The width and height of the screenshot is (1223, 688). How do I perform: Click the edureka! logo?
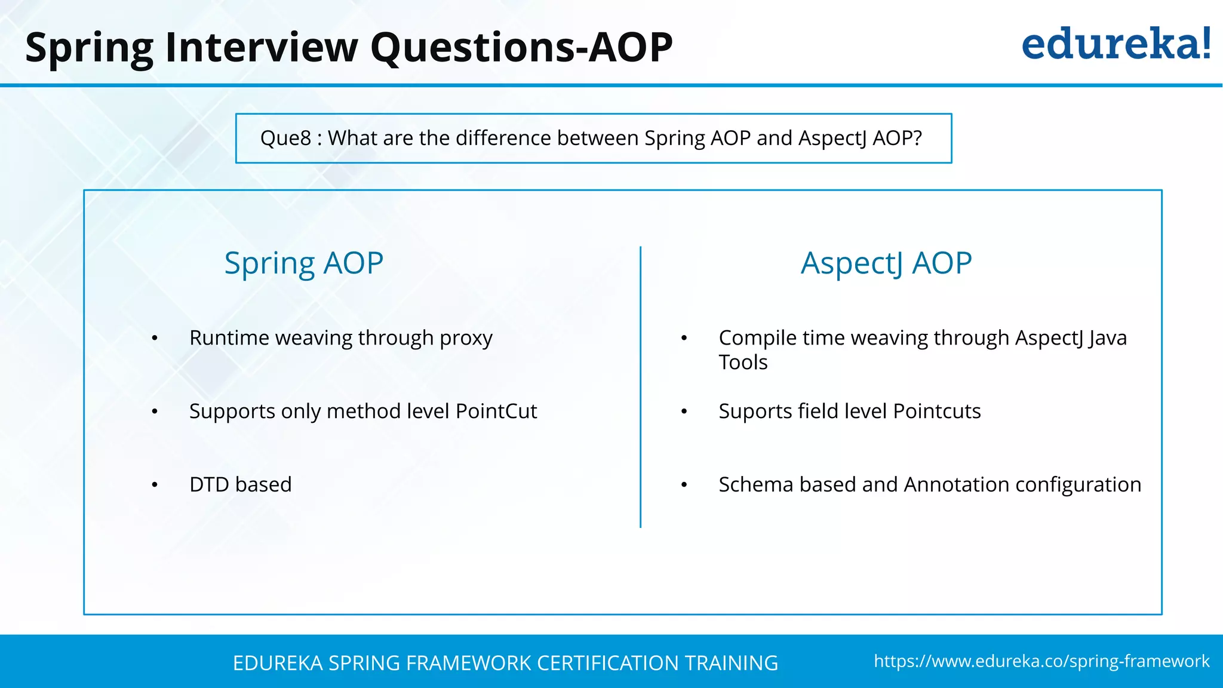pos(1116,45)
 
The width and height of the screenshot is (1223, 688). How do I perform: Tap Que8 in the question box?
pos(285,139)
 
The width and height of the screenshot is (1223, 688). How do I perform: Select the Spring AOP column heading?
pos(303,263)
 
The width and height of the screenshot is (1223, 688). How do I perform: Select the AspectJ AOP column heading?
pos(886,263)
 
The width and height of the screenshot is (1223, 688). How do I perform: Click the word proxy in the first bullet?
pos(466,339)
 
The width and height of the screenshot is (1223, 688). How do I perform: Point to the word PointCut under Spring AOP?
pos(496,411)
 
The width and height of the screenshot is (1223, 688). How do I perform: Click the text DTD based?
pos(240,484)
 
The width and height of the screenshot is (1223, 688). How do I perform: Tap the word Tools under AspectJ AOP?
pos(743,363)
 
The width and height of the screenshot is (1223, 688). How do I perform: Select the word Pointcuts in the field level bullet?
pos(936,411)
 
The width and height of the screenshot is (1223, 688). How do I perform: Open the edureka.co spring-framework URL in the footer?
pos(1041,661)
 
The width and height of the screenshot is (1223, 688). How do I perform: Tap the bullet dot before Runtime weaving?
pos(155,339)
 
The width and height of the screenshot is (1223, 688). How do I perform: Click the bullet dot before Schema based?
pos(684,485)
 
